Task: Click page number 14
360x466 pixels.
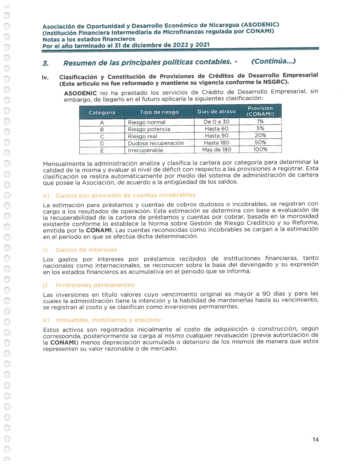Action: click(x=315, y=439)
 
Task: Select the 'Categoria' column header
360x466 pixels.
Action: click(x=102, y=112)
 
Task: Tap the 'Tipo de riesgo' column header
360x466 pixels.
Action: click(x=159, y=112)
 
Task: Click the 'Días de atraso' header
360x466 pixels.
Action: click(x=216, y=112)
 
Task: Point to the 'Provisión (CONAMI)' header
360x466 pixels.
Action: click(x=260, y=111)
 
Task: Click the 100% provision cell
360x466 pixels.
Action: click(x=260, y=149)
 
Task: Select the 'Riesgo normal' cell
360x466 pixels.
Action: click(x=147, y=122)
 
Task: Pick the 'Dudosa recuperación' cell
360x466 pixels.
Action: click(x=156, y=143)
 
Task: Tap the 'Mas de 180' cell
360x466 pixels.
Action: click(x=217, y=150)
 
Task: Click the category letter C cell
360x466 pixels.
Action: click(x=102, y=136)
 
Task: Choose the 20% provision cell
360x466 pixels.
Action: click(x=260, y=135)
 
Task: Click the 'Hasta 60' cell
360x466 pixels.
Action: click(x=217, y=129)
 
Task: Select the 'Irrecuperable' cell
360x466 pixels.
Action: click(x=145, y=150)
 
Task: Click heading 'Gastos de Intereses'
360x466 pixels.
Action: click(x=86, y=250)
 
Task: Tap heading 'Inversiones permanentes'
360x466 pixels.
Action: click(x=95, y=285)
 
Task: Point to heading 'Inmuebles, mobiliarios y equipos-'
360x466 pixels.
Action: click(x=109, y=320)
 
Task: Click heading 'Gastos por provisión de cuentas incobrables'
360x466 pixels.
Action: click(x=125, y=195)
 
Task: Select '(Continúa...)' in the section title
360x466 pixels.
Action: click(x=273, y=61)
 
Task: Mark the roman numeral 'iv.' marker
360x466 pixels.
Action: click(x=45, y=77)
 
